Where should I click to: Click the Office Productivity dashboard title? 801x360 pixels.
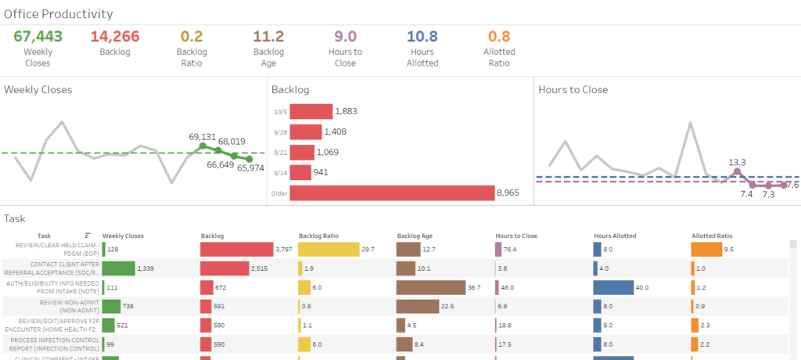(x=59, y=14)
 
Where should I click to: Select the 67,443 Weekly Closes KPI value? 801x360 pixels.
(x=38, y=36)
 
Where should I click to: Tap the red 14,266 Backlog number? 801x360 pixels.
(x=116, y=36)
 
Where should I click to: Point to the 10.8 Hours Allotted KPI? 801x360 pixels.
(x=422, y=36)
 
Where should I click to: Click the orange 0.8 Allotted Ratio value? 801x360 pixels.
(x=499, y=36)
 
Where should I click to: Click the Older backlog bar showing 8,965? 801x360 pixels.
(x=392, y=193)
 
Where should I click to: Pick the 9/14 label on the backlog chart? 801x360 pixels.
(x=279, y=172)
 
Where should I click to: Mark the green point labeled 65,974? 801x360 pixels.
(x=249, y=159)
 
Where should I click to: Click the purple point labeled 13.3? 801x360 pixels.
(x=736, y=171)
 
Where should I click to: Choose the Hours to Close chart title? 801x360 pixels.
(x=573, y=90)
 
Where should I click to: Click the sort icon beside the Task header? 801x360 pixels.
(x=88, y=235)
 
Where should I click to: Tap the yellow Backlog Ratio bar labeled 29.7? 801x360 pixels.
(x=328, y=249)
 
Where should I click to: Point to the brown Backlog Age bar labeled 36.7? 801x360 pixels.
(x=430, y=287)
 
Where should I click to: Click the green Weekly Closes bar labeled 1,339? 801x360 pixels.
(x=118, y=268)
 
